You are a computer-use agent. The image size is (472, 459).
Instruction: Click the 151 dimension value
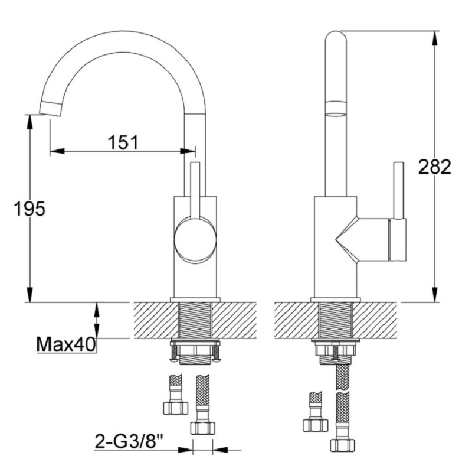123,142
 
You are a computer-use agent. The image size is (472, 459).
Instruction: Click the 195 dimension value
29,209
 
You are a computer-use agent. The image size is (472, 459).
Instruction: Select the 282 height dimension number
435,167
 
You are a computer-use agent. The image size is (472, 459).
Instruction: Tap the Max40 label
66,344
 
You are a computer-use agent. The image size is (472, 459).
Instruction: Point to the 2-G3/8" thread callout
129,441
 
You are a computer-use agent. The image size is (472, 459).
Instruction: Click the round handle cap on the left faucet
195,241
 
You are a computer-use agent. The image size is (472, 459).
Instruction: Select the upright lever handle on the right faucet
399,190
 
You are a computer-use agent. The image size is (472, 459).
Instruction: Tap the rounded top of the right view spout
336,36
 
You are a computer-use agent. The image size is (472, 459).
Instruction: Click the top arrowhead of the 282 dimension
435,38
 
